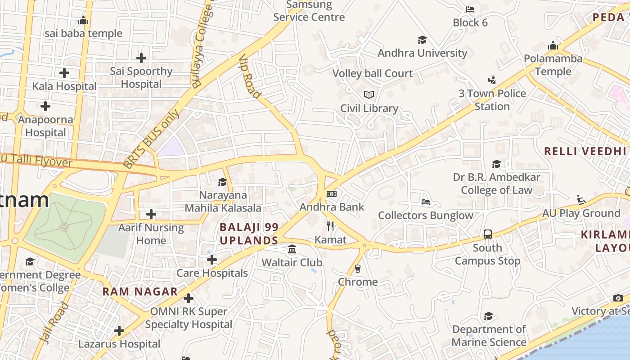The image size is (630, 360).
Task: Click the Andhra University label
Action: coord(422,53)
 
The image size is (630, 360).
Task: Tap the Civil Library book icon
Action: coord(369,95)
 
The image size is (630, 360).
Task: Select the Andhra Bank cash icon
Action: coord(332,194)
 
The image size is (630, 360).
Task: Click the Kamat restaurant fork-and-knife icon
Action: coord(331,226)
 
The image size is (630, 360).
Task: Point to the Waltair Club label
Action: coord(292,262)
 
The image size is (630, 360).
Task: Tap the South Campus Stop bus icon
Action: coord(487,234)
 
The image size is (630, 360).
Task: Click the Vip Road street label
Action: coord(250,77)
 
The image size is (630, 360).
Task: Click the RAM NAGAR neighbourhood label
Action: coord(140,292)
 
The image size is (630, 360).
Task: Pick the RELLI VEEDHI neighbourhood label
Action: coord(585,151)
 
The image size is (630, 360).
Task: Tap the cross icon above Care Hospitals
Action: coord(212,260)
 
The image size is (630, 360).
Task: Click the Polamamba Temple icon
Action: coord(553,45)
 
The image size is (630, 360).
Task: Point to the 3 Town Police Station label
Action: coord(492,100)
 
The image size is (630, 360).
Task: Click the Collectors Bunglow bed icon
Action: coord(425,202)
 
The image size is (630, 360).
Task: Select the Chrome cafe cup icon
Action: coord(358,269)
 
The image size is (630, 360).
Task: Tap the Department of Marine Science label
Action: coord(489,336)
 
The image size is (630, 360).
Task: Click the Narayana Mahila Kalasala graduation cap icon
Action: coord(223,182)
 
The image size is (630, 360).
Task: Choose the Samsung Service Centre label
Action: coord(309,11)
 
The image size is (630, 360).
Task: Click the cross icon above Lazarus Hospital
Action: coord(119,331)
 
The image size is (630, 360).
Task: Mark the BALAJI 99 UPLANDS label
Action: coord(249,234)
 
